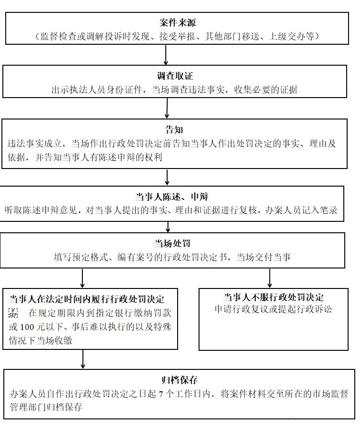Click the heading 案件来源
click(x=178, y=22)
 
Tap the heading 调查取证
click(x=175, y=76)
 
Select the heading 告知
click(x=174, y=129)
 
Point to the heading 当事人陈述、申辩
click(x=172, y=197)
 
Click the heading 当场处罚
click(x=172, y=243)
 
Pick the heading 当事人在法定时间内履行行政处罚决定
click(x=87, y=299)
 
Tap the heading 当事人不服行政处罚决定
click(x=274, y=297)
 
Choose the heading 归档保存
click(x=180, y=380)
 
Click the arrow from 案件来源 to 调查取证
click(x=166, y=55)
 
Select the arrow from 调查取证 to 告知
click(x=167, y=108)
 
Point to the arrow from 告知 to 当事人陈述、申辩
click(x=167, y=177)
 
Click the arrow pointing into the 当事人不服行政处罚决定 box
click(x=270, y=278)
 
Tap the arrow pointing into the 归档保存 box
click(x=83, y=359)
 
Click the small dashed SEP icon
click(x=13, y=313)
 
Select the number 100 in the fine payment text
click(x=27, y=327)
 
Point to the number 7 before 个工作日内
click(x=160, y=394)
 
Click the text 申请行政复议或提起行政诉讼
click(x=273, y=309)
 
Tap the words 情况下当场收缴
click(x=40, y=340)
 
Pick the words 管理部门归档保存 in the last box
click(x=46, y=407)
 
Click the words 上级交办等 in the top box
click(x=291, y=36)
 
